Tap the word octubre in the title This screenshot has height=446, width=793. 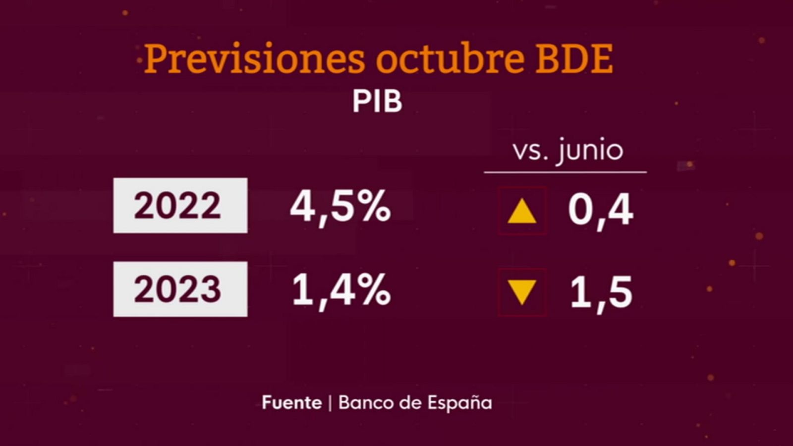[450, 58]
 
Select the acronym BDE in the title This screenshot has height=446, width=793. [575, 59]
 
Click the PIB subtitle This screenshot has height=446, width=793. [377, 102]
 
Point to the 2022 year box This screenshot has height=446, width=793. [180, 205]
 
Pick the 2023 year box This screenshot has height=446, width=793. [180, 289]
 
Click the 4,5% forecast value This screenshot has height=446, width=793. [340, 207]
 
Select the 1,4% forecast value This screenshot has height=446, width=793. [341, 290]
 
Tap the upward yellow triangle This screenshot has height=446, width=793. [522, 212]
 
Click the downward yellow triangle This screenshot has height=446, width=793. [522, 291]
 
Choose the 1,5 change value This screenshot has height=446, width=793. [601, 293]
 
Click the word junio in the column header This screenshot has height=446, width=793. [590, 151]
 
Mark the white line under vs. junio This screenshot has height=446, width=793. [565, 172]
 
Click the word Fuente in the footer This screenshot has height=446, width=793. [291, 402]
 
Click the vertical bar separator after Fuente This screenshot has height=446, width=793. [330, 403]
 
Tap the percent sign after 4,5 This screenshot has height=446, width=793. [376, 206]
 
